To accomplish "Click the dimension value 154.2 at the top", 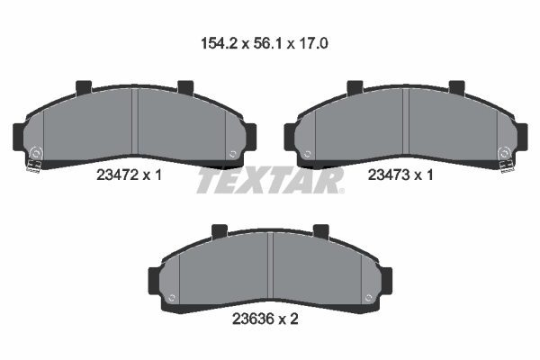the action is tap(219, 44).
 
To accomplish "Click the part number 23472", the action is tap(117, 175).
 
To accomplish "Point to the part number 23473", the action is tap(389, 175).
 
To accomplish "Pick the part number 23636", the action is tap(253, 319).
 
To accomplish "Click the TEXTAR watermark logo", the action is tap(270, 180).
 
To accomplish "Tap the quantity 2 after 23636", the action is tap(293, 319).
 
